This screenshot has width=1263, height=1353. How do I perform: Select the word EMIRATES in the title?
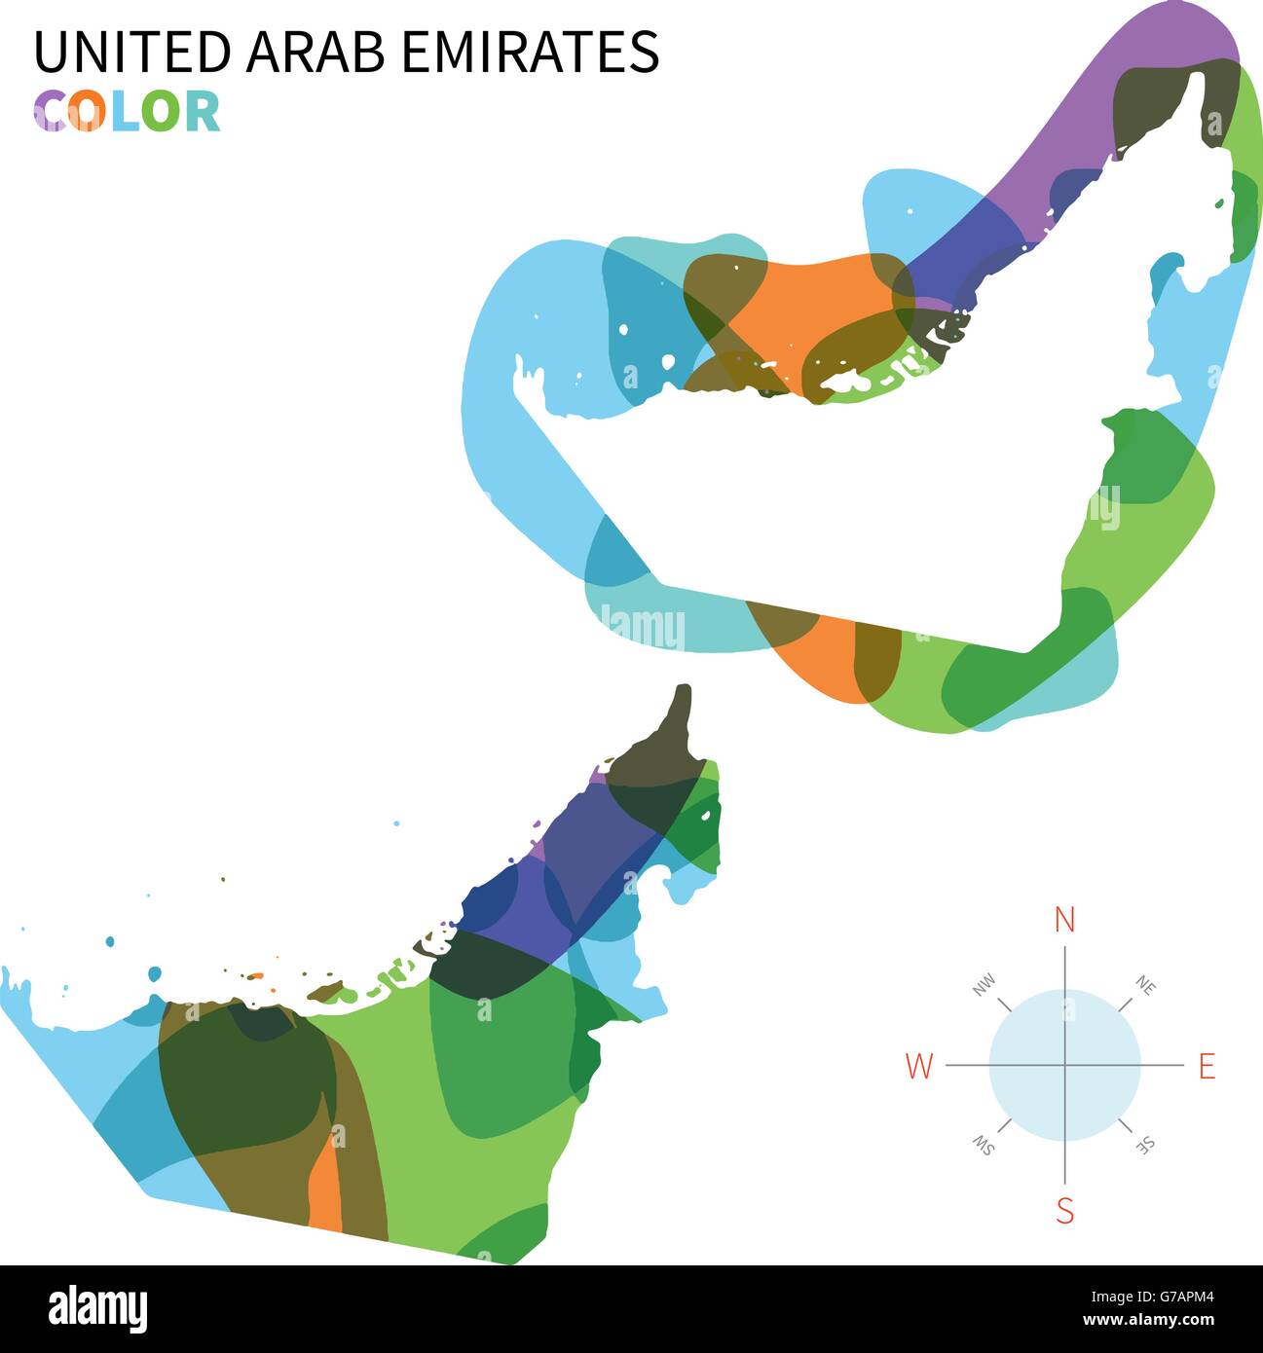(x=530, y=52)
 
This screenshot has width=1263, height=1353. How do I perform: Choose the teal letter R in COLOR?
(x=201, y=111)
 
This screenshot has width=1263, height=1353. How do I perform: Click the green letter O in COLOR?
(x=160, y=111)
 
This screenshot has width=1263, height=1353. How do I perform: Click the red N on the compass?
(x=1065, y=920)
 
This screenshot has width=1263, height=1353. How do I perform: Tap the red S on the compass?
(x=1065, y=1212)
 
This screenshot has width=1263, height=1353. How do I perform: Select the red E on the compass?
(x=1207, y=1067)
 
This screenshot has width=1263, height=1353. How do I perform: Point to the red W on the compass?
(x=919, y=1067)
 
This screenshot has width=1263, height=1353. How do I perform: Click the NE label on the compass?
(x=1145, y=986)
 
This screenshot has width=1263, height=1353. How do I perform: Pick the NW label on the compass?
(x=984, y=986)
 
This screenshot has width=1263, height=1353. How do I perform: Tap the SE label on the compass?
(x=1146, y=1146)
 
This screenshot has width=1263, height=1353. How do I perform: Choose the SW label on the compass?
(x=984, y=1146)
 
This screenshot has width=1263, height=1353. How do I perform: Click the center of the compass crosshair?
(x=1065, y=1065)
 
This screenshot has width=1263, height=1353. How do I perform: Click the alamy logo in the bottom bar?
(x=97, y=1309)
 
